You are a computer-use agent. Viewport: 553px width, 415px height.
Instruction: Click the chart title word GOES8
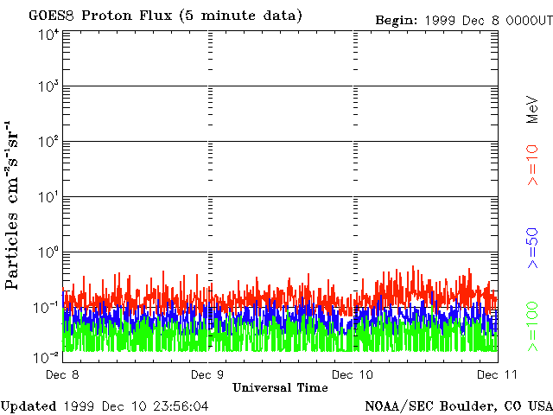pos(50,16)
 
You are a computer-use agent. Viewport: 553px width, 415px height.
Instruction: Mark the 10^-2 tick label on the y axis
pos(46,356)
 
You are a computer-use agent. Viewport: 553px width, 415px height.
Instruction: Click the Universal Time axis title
pos(280,387)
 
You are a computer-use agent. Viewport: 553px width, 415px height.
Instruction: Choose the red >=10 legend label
pos(533,164)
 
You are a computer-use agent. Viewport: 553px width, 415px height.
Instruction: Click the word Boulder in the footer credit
pos(469,405)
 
